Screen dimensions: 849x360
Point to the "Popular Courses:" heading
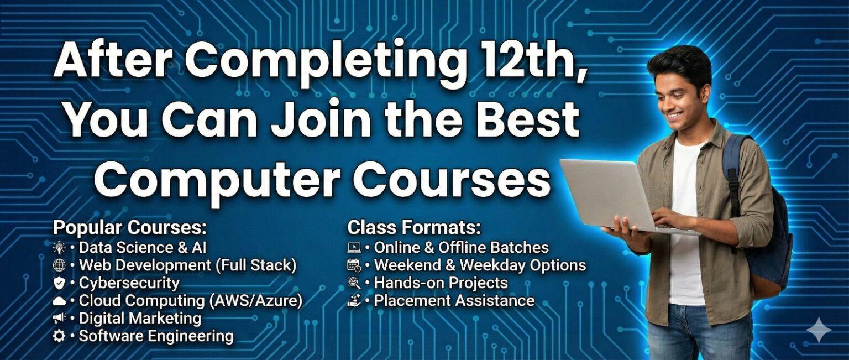pyautogui.click(x=130, y=228)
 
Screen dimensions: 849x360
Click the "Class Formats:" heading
pyautogui.click(x=414, y=228)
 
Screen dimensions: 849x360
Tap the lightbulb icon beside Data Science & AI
pyautogui.click(x=59, y=248)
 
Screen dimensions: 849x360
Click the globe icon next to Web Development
pyautogui.click(x=59, y=265)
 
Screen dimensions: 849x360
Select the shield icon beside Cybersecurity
pyautogui.click(x=59, y=283)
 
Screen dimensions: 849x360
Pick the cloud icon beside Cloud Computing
pyautogui.click(x=59, y=301)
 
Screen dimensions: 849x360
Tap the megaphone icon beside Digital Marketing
pyautogui.click(x=59, y=319)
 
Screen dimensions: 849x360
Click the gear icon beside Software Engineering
pyautogui.click(x=59, y=336)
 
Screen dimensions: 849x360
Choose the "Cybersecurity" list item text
pyautogui.click(x=129, y=283)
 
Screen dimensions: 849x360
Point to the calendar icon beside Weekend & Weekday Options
pyautogui.click(x=354, y=265)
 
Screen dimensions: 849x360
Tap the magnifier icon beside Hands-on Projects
pyautogui.click(x=354, y=283)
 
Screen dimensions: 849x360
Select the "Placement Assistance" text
pyautogui.click(x=454, y=301)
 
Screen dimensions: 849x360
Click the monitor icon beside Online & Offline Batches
pyautogui.click(x=354, y=248)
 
